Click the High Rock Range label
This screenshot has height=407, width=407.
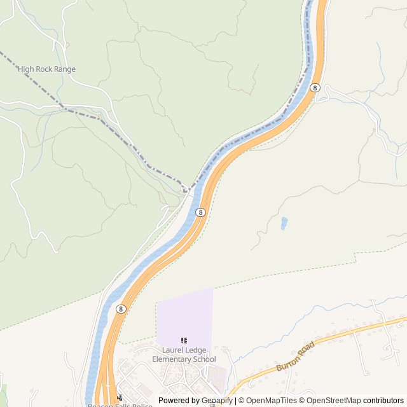[x=46, y=69]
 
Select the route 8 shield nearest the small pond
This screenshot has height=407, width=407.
[x=200, y=212]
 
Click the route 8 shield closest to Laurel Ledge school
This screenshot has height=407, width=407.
[x=121, y=308]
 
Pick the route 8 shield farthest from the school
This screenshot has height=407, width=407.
[x=315, y=88]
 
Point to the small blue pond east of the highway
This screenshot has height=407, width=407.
[x=284, y=223]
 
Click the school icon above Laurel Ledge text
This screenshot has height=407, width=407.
[x=184, y=341]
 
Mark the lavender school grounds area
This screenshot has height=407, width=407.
[x=184, y=315]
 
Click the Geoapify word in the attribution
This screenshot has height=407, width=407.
[x=217, y=401]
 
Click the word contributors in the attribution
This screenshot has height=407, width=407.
[x=383, y=401]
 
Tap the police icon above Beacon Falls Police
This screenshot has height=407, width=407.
[x=120, y=397]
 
